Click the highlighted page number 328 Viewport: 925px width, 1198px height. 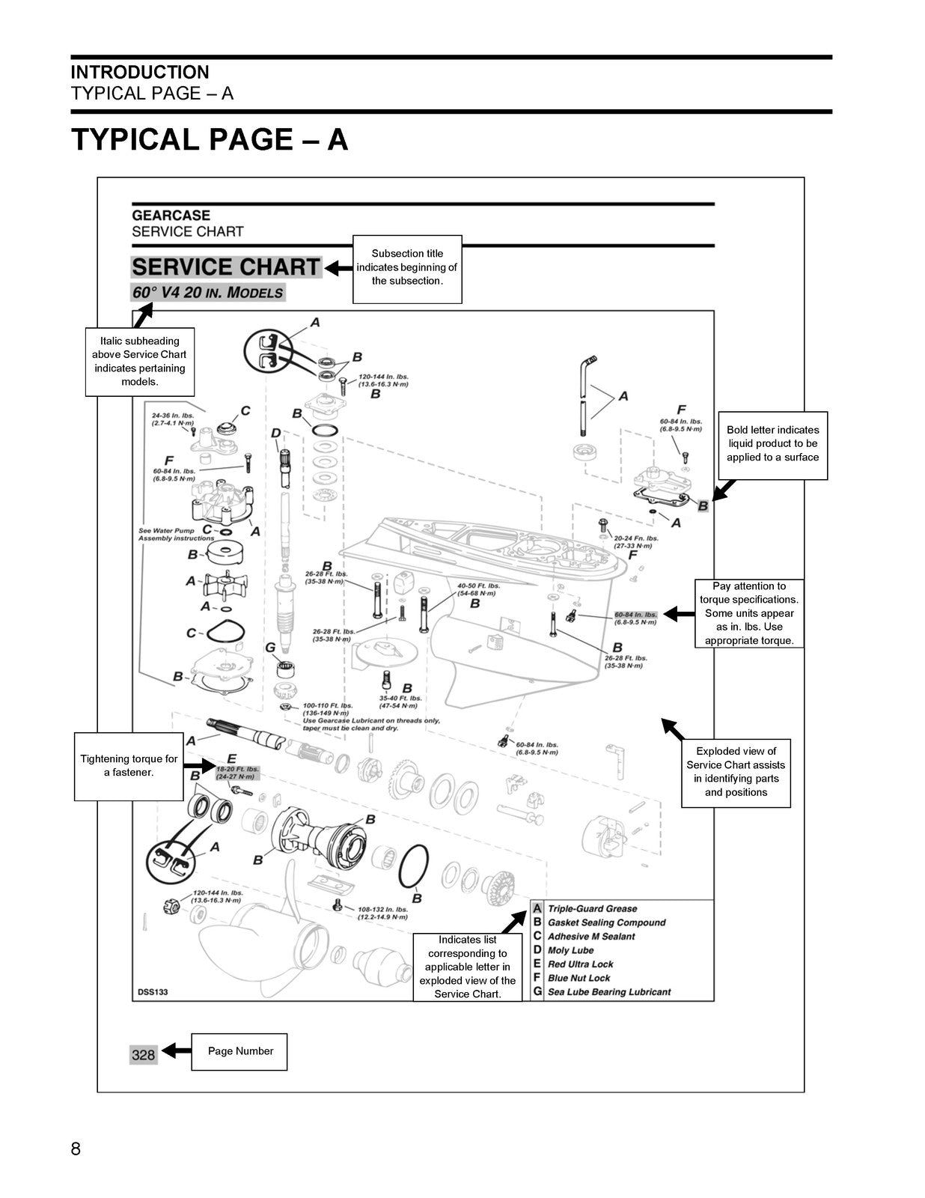[x=143, y=1054]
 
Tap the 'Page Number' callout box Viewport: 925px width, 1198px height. [x=239, y=1051]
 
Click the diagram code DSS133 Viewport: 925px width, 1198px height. [x=153, y=992]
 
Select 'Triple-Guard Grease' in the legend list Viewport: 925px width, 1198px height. [x=592, y=909]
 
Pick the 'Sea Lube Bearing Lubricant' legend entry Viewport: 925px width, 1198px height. [x=608, y=992]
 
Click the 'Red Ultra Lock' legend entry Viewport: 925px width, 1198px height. [x=580, y=964]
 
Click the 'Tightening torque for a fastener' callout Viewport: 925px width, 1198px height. [x=129, y=766]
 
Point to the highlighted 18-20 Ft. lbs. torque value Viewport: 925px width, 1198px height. [x=237, y=773]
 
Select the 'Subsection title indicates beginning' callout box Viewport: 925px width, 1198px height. [x=407, y=268]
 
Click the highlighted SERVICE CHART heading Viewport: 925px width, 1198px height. [x=226, y=267]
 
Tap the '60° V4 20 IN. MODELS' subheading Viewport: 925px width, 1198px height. [x=208, y=293]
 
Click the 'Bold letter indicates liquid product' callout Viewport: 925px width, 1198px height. [x=772, y=444]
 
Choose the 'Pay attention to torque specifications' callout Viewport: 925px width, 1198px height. [x=749, y=613]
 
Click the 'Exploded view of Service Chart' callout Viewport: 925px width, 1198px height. [x=736, y=772]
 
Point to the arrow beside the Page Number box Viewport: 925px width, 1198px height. [x=177, y=1051]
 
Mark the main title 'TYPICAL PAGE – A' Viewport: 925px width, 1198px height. [x=210, y=140]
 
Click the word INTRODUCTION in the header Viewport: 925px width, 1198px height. [x=140, y=73]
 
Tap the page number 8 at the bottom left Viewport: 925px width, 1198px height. [x=76, y=1149]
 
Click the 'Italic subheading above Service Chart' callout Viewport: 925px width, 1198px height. [x=140, y=362]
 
